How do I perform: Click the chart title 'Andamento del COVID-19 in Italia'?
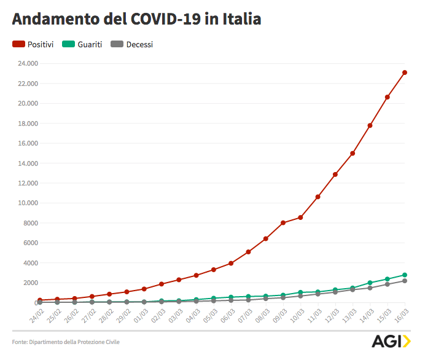(x=136, y=19)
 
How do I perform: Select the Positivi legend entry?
(x=34, y=44)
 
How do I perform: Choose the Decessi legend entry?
(x=131, y=44)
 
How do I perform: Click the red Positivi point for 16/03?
(x=405, y=72)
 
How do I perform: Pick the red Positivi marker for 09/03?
(x=283, y=223)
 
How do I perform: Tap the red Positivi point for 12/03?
(x=335, y=174)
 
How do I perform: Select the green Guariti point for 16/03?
(x=405, y=275)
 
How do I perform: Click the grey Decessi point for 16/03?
(x=405, y=281)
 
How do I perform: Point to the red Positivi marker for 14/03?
(x=370, y=125)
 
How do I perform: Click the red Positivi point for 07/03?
(x=248, y=252)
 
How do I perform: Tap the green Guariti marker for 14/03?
(x=370, y=283)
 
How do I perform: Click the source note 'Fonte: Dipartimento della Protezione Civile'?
(x=66, y=342)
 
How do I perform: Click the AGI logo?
(x=391, y=341)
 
